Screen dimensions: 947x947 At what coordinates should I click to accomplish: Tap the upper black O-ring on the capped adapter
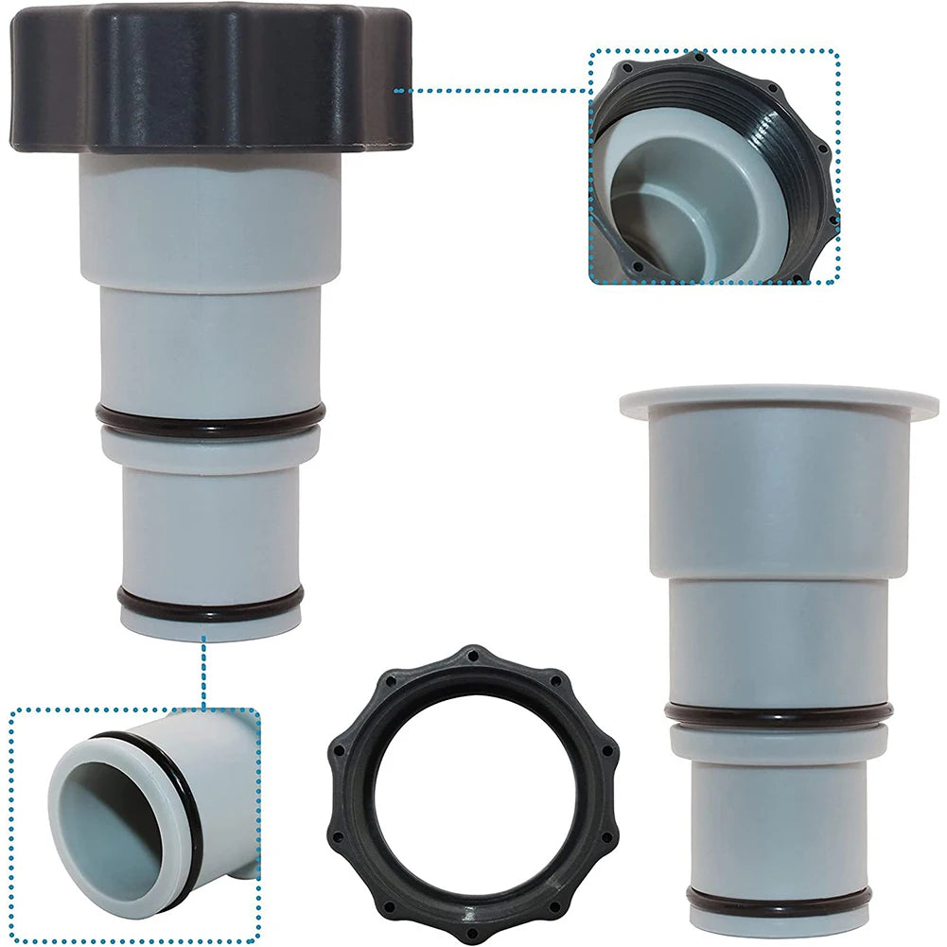[210, 415]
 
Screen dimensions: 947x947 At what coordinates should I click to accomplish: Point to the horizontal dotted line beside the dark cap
[492, 91]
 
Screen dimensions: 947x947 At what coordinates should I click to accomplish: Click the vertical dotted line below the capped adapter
[203, 674]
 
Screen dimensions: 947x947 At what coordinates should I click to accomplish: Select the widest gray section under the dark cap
[210, 218]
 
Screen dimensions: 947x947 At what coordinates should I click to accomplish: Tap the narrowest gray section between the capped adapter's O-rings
[210, 520]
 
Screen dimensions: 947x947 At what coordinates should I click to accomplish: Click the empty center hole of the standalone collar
[473, 795]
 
